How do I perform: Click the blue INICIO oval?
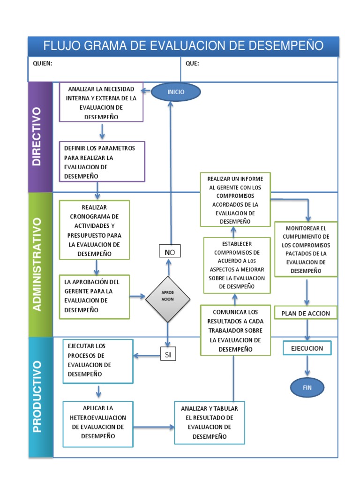[176, 92]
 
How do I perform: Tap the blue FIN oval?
[307, 388]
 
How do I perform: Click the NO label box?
[169, 252]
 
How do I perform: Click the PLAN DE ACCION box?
[306, 313]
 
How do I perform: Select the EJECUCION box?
[307, 348]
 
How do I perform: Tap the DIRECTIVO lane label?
[37, 136]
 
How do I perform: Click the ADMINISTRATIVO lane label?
[37, 264]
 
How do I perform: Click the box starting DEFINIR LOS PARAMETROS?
[102, 162]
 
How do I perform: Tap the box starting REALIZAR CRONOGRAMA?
[94, 230]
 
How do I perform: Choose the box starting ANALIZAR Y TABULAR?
[210, 422]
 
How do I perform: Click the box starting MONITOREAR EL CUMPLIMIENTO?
[306, 249]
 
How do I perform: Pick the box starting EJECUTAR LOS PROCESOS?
[98, 360]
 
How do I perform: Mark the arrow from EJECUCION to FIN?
[307, 365]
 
